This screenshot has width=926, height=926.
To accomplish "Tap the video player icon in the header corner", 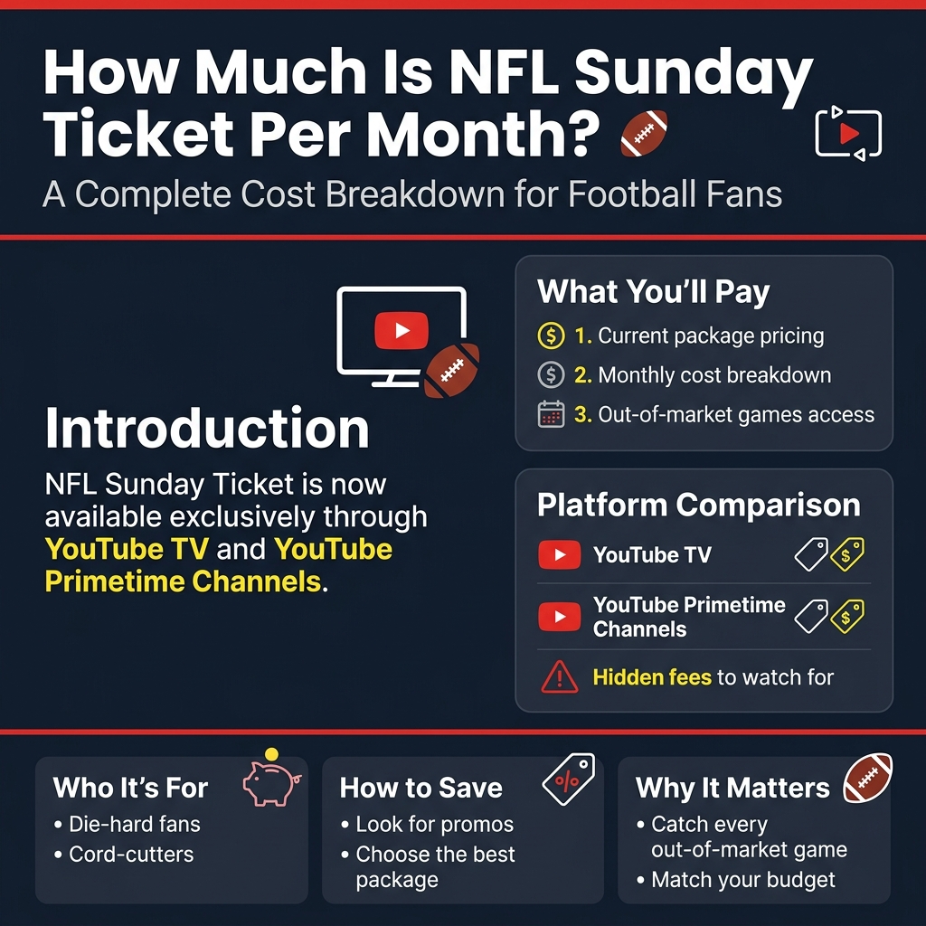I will point(847,133).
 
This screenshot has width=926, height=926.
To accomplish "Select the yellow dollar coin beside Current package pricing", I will point(551,336).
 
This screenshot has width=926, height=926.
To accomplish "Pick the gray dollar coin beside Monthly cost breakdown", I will point(551,375).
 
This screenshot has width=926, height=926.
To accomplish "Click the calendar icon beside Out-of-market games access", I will point(551,414).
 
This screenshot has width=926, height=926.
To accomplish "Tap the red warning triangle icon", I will point(559,676).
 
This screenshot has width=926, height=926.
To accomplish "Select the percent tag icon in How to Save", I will point(568,779).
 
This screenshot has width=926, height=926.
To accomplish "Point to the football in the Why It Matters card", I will point(867,778).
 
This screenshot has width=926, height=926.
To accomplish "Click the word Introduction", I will point(207,429).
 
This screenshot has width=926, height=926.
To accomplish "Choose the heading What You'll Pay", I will point(653,292).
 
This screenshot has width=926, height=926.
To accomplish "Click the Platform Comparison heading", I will point(698,505).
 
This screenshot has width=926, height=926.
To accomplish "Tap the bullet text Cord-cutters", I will point(131,855).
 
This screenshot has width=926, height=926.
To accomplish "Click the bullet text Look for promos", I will point(434,825).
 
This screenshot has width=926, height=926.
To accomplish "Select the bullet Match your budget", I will point(743,880).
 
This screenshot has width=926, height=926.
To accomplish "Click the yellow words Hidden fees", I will point(652,676).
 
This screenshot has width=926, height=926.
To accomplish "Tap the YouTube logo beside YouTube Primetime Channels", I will point(559,617).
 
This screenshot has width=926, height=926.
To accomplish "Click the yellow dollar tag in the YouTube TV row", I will point(846,554).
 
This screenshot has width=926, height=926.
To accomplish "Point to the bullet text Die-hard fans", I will point(135,825).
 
